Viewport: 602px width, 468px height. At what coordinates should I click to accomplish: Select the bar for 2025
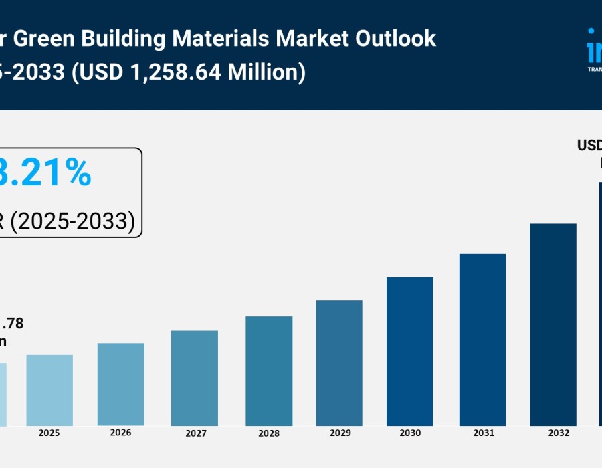point(49,390)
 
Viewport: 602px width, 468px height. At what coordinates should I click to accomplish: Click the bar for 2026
point(120,384)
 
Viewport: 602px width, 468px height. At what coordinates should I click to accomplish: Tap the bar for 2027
point(195,378)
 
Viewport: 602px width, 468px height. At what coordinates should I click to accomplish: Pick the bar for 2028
point(269,371)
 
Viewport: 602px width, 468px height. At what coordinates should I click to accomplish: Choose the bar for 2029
point(339,363)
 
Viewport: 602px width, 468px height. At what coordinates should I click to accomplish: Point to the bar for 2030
point(410,352)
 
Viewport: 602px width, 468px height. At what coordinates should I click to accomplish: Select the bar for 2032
point(553,325)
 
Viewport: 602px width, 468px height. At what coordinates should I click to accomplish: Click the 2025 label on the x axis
point(49,433)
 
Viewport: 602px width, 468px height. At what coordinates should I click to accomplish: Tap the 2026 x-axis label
point(120,433)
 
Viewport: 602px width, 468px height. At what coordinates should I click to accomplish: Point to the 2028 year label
point(269,433)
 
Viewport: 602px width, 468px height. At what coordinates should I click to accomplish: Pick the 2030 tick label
point(410,433)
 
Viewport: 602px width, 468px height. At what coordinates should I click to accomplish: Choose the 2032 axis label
point(553,433)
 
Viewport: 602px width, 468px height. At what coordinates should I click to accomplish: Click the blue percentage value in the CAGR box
point(47,172)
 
